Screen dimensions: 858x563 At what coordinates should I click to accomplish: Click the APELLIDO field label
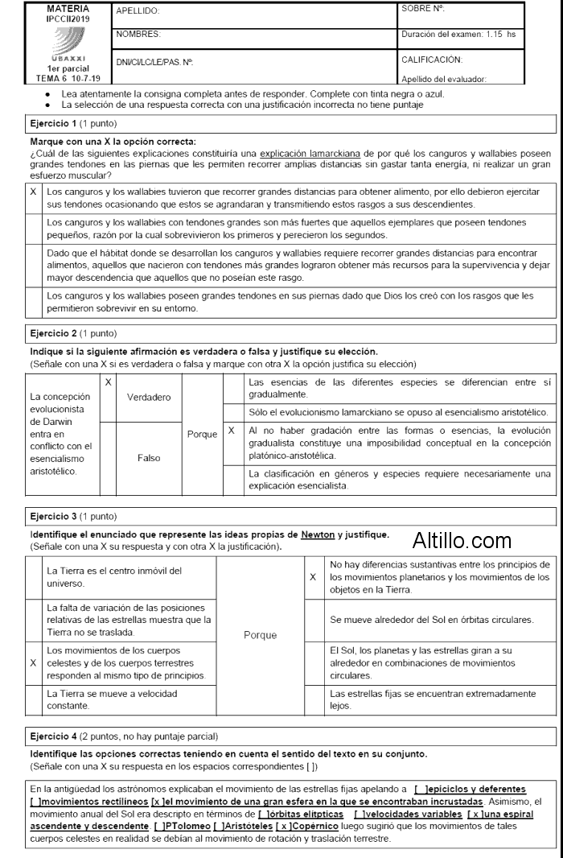(x=138, y=11)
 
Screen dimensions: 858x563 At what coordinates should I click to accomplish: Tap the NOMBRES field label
(x=138, y=34)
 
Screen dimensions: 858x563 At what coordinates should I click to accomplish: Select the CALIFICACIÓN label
(x=432, y=60)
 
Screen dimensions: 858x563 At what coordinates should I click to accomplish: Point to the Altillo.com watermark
(x=462, y=538)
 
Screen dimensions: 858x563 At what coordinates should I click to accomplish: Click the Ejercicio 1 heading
(x=53, y=124)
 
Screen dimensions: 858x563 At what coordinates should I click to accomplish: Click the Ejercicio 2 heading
(x=53, y=332)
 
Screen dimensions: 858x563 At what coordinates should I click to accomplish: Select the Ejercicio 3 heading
(x=53, y=515)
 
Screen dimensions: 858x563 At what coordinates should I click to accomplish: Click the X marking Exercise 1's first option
(x=33, y=192)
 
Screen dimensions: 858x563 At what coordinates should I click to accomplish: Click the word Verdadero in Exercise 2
(x=149, y=397)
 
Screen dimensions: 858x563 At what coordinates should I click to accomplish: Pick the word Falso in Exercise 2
(x=149, y=456)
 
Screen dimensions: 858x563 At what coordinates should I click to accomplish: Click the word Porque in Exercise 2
(x=202, y=434)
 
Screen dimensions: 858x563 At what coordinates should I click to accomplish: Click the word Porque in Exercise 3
(x=260, y=634)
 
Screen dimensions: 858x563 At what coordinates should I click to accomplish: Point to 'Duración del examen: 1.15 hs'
(x=458, y=34)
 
